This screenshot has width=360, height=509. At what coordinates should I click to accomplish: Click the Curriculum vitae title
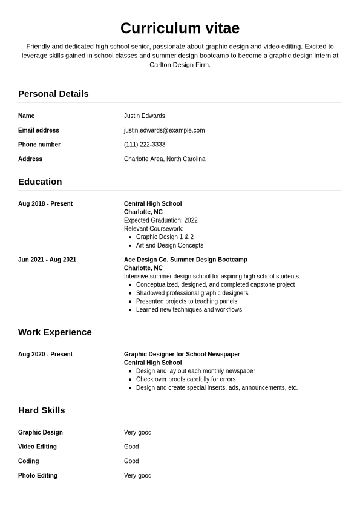point(180,28)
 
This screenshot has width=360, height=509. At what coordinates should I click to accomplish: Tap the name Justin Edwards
point(144,116)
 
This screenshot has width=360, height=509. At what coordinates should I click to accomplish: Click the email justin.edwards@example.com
point(164,130)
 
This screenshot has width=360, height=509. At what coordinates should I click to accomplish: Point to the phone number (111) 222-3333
point(145,145)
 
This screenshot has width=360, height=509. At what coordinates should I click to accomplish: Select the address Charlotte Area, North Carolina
point(165,159)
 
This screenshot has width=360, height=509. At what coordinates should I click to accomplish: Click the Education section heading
point(40,182)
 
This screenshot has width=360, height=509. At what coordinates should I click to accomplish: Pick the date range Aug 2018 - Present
point(45,204)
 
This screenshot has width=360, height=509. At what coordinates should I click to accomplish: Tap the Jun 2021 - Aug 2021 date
point(47,260)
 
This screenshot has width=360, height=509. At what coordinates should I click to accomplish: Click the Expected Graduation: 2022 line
point(160,220)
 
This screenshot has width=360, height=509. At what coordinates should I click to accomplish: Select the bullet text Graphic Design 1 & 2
point(165,237)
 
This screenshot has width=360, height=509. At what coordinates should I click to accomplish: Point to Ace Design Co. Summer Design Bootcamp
point(185,260)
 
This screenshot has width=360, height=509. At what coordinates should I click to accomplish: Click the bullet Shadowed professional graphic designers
point(192,293)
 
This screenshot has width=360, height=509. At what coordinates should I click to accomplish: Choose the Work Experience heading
point(55,332)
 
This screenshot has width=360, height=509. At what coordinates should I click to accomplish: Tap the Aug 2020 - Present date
point(45,355)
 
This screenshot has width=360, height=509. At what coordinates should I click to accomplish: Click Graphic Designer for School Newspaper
point(182,355)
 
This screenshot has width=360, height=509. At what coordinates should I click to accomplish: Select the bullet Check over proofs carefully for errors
point(186,379)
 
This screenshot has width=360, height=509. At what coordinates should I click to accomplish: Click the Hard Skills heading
point(41,410)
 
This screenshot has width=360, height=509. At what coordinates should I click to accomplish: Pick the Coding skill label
point(28,461)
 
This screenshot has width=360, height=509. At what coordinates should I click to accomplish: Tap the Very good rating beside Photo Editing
point(137,476)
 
